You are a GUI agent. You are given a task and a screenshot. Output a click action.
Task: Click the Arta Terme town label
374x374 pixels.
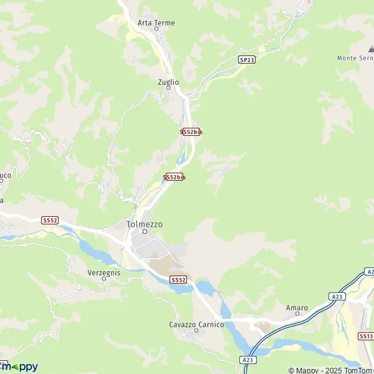(156, 23)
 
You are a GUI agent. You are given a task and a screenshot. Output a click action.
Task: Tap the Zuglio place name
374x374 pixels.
(168, 82)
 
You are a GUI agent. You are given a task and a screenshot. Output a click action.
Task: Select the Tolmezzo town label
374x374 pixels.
(144, 224)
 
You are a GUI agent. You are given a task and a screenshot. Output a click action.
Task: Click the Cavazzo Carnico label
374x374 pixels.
(196, 324)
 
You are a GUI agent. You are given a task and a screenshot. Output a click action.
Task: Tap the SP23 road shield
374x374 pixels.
(246, 59)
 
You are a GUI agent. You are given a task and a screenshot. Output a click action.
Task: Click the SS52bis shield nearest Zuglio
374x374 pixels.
(191, 132)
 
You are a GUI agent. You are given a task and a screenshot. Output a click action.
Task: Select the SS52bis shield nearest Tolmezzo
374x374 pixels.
(175, 177)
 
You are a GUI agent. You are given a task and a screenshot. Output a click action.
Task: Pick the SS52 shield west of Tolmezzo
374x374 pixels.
(50, 220)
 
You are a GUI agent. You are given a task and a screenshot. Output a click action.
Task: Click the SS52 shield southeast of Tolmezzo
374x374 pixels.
(178, 280)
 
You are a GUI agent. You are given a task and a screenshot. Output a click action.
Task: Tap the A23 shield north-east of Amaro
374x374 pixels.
(337, 297)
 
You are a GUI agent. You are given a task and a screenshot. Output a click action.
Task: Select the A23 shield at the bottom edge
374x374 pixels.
(248, 360)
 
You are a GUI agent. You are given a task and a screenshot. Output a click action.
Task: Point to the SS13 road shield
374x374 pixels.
(366, 336)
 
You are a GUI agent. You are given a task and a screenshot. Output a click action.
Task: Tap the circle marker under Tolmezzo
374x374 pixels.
(144, 232)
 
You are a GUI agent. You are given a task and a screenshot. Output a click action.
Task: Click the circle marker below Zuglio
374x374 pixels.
(168, 89)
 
